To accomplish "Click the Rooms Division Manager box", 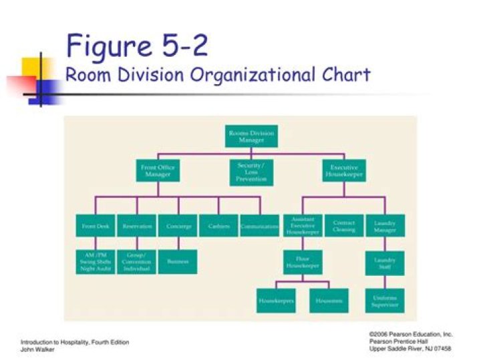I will (251, 136).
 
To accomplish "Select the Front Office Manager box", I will (158, 170).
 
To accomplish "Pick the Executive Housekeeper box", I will (344, 170).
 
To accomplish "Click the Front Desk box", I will (96, 226).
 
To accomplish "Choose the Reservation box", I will (137, 226).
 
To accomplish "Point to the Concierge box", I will (178, 226).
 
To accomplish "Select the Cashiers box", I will (218, 226).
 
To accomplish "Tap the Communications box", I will (259, 226).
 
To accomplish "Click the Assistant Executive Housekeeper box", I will (303, 226).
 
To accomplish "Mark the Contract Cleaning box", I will (343, 226).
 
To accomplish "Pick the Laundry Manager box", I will (385, 226).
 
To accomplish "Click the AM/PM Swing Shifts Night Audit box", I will (96, 262).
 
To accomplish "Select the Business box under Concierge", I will (178, 262).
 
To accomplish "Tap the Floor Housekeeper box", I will (303, 262).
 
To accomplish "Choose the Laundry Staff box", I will (385, 262).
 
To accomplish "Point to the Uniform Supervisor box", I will (385, 300).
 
